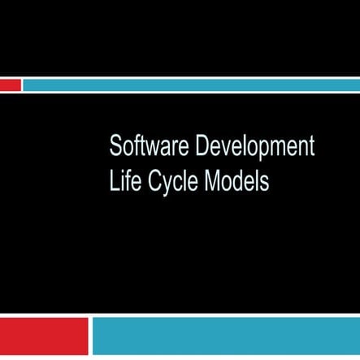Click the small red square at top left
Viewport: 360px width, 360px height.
[x=10, y=85]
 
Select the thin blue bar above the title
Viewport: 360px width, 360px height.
[x=190, y=85]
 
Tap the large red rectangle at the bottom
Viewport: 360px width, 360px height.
[x=44, y=336]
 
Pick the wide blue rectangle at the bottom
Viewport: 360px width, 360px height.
[x=225, y=336]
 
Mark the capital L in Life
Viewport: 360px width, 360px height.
[x=113, y=180]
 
